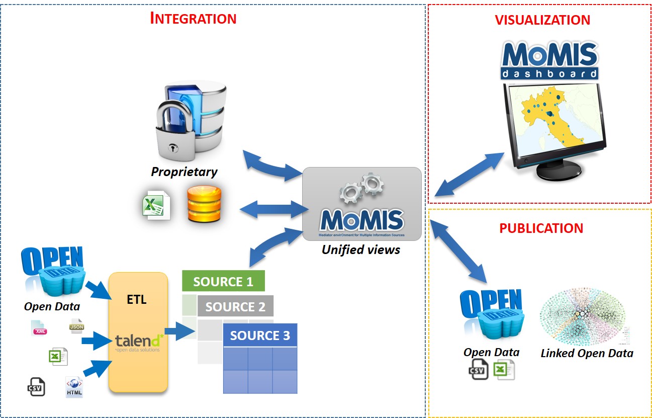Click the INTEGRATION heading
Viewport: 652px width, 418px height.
pyautogui.click(x=194, y=19)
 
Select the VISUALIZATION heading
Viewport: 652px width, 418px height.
pyautogui.click(x=542, y=20)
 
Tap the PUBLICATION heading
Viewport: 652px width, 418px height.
pyautogui.click(x=541, y=228)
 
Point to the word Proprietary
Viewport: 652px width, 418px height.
pyautogui.click(x=184, y=172)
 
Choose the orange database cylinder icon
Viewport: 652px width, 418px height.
pyautogui.click(x=204, y=204)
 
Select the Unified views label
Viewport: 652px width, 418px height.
pyautogui.click(x=361, y=249)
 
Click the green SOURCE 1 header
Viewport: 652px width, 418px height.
pyautogui.click(x=223, y=281)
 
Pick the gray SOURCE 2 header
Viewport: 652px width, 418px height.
pyautogui.click(x=235, y=306)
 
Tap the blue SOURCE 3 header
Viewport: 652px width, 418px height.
pyautogui.click(x=260, y=336)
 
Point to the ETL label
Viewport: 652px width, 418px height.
pyautogui.click(x=137, y=300)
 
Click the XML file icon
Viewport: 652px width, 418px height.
pyautogui.click(x=39, y=328)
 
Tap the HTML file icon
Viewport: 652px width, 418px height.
pyautogui.click(x=74, y=388)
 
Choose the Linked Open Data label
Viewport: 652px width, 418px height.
pyautogui.click(x=587, y=353)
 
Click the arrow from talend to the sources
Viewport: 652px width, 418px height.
pyautogui.click(x=179, y=330)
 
